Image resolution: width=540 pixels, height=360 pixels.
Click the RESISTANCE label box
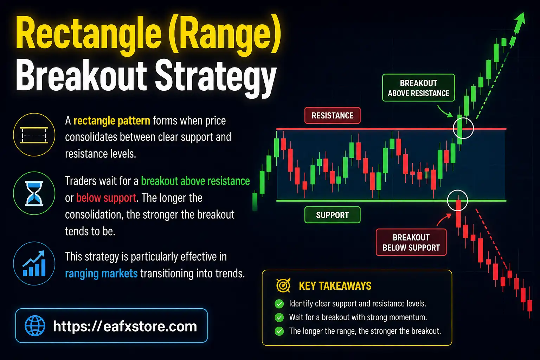pyautogui.click(x=332, y=115)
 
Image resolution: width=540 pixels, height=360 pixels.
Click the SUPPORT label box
pyautogui.click(x=332, y=215)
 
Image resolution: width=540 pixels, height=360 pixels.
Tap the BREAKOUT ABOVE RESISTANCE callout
pyautogui.click(x=418, y=88)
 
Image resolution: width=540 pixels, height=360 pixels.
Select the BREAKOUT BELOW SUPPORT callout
pyautogui.click(x=411, y=242)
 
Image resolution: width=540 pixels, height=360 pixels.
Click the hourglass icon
pyautogui.click(x=34, y=193)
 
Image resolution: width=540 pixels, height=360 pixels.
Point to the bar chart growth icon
pyautogui.click(x=34, y=263)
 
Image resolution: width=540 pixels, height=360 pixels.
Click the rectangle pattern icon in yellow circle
pyautogui.click(x=34, y=135)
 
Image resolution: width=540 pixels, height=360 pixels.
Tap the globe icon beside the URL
pyautogui.click(x=35, y=326)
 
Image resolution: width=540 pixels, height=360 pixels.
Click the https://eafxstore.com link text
pyautogui.click(x=125, y=326)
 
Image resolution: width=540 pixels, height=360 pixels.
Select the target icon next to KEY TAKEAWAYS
pyautogui.click(x=283, y=285)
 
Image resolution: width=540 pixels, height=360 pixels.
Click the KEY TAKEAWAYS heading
pyautogui.click(x=335, y=286)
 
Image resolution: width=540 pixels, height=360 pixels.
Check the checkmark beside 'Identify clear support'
pyautogui.click(x=279, y=304)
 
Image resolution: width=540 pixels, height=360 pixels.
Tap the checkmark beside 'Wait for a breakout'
pyautogui.click(x=279, y=317)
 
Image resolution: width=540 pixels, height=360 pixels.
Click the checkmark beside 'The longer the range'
pyautogui.click(x=279, y=331)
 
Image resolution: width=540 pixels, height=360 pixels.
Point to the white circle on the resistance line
pyautogui.click(x=463, y=128)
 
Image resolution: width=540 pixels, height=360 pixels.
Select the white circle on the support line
pyautogui.click(x=457, y=200)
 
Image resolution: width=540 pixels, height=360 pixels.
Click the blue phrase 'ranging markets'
pyautogui.click(x=101, y=274)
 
